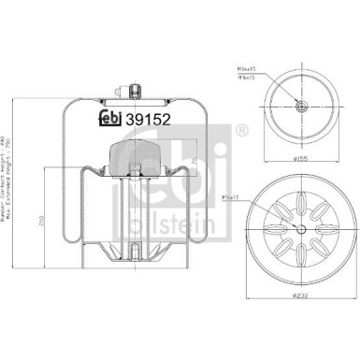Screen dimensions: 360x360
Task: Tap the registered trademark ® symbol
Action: tap(243, 128)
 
